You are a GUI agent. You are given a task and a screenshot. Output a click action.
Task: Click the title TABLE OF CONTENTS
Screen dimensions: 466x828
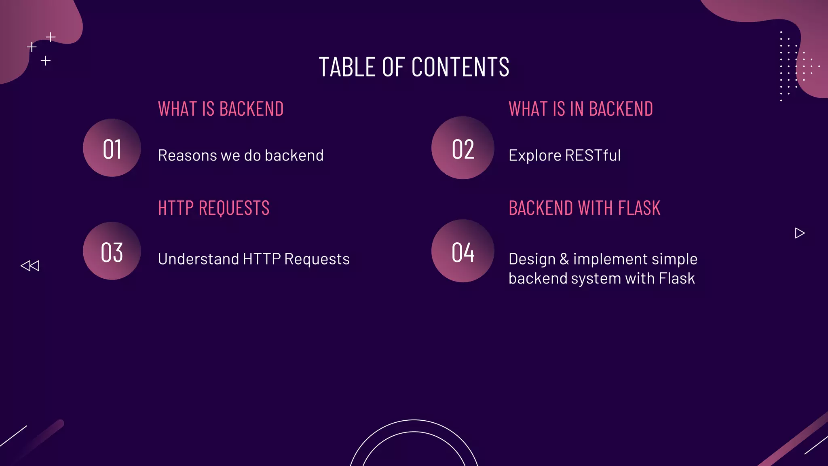coord(414,67)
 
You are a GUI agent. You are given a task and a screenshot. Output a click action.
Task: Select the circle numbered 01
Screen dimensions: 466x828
coord(112,148)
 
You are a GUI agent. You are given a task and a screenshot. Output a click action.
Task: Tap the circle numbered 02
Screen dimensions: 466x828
coord(463,148)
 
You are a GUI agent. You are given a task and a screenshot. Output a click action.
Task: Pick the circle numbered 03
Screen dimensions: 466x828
coord(112,251)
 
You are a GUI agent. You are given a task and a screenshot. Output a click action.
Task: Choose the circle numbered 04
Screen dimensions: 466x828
coord(463,251)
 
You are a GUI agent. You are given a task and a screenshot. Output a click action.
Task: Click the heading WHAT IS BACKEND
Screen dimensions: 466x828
coord(221,109)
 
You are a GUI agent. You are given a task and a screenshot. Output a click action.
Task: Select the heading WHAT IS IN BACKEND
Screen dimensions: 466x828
coord(581,109)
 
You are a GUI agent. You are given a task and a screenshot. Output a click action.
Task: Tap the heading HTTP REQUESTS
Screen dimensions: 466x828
coord(213,208)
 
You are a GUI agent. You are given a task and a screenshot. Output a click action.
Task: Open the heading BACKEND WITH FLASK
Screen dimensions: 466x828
coord(584,208)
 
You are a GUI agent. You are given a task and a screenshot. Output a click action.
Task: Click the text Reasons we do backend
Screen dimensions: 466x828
coord(241,156)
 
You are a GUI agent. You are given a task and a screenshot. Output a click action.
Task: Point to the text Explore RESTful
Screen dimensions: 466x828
coord(564,156)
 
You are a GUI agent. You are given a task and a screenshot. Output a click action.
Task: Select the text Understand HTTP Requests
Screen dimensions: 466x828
coord(253,259)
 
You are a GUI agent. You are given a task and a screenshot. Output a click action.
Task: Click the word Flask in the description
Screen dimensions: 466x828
coord(676,279)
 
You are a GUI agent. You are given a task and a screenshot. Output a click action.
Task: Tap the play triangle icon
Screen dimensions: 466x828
coord(799,233)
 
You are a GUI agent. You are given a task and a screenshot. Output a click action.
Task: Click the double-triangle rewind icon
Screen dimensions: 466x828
coord(30,266)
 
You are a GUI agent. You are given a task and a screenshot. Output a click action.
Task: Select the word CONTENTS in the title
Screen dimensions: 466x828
coord(460,67)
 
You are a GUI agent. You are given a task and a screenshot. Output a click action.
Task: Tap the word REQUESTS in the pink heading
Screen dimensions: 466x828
coord(234,208)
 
